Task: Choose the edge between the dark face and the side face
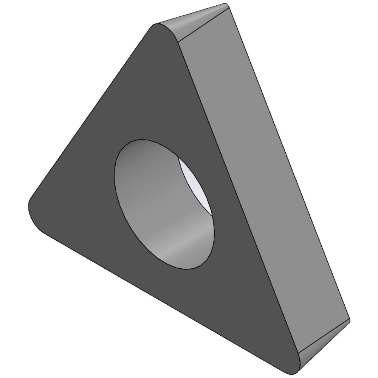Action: pos(234,189)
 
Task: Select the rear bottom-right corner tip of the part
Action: pos(349,321)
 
